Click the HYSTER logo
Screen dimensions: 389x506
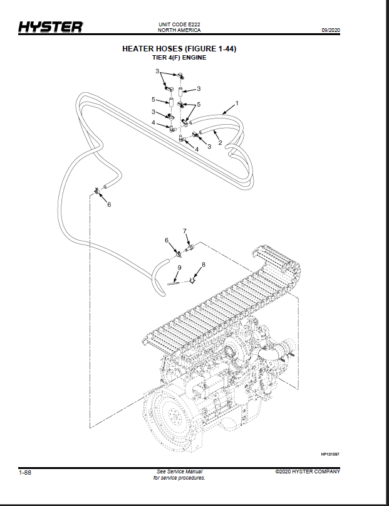(50, 27)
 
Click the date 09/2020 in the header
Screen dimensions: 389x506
(331, 30)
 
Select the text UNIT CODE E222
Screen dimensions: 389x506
(179, 24)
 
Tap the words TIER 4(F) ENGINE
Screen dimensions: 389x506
(179, 58)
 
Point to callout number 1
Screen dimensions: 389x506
(237, 103)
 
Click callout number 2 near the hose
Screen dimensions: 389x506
(220, 142)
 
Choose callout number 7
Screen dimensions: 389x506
(185, 231)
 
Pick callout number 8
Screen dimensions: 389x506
(204, 265)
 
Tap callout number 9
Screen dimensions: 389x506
(180, 268)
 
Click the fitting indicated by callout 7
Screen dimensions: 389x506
(191, 248)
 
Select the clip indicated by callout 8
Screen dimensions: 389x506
(192, 281)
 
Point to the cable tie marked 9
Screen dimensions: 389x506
(174, 283)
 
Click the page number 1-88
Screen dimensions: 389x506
(25, 473)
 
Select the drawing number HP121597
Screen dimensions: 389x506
(330, 455)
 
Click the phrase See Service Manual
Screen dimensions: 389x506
(180, 472)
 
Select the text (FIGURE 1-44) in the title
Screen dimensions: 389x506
(210, 49)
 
